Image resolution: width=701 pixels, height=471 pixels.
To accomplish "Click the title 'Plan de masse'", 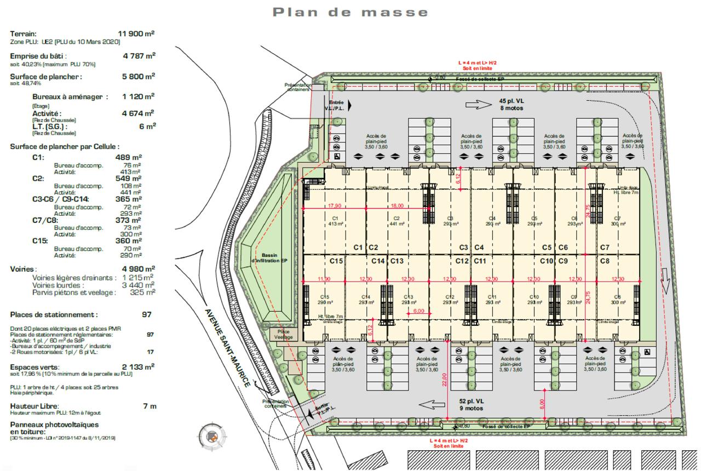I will (x=350, y=12).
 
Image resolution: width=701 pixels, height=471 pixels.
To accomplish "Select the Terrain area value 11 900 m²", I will (x=136, y=34).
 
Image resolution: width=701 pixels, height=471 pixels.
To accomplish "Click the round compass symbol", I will (x=211, y=436).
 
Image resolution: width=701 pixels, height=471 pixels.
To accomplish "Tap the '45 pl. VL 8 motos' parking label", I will (x=510, y=105).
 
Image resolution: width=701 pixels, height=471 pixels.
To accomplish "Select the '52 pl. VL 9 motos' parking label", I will (x=470, y=404).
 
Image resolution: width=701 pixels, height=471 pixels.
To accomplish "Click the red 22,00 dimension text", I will (x=445, y=379).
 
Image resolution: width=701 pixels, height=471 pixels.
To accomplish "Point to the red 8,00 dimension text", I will (x=542, y=404).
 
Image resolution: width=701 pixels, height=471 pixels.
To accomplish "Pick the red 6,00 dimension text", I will (x=418, y=311).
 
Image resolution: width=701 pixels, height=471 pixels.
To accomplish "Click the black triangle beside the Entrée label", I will (x=349, y=105).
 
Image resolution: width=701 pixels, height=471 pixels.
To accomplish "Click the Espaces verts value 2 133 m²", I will (x=138, y=366).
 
